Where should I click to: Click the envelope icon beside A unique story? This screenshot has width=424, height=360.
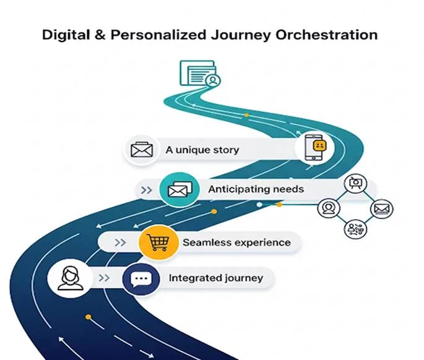[x=141, y=150]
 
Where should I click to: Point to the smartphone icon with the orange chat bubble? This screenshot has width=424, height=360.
[x=314, y=148]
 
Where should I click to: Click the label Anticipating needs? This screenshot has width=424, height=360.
[x=256, y=189]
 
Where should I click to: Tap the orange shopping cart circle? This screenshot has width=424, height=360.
[x=154, y=241]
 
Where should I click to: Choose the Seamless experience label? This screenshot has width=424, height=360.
[x=236, y=242]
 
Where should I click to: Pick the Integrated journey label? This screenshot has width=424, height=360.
[x=215, y=278]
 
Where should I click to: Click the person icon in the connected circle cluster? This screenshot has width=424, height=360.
[x=328, y=208]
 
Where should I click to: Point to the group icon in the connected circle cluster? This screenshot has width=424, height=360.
[x=355, y=228]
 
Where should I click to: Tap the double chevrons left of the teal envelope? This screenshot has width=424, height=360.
[x=146, y=190]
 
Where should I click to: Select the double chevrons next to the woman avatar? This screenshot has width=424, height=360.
[x=104, y=278]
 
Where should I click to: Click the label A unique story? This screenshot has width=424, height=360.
[x=202, y=150]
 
